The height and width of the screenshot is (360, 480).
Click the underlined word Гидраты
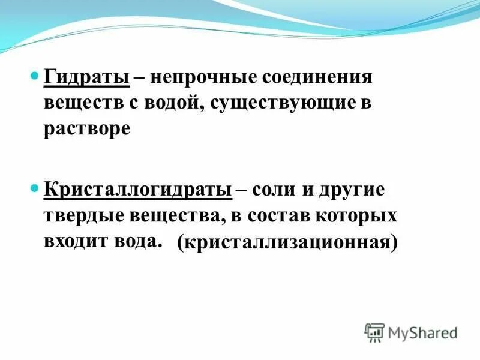[87, 78]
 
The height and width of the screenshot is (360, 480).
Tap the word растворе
[86, 128]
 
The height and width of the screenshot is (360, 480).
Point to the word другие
[353, 190]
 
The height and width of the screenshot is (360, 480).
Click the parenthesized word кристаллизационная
[288, 243]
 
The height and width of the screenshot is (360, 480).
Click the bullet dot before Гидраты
[34, 77]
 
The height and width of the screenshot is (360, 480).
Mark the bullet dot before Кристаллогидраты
[34, 189]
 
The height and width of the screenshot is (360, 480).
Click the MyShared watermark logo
[410, 331]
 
